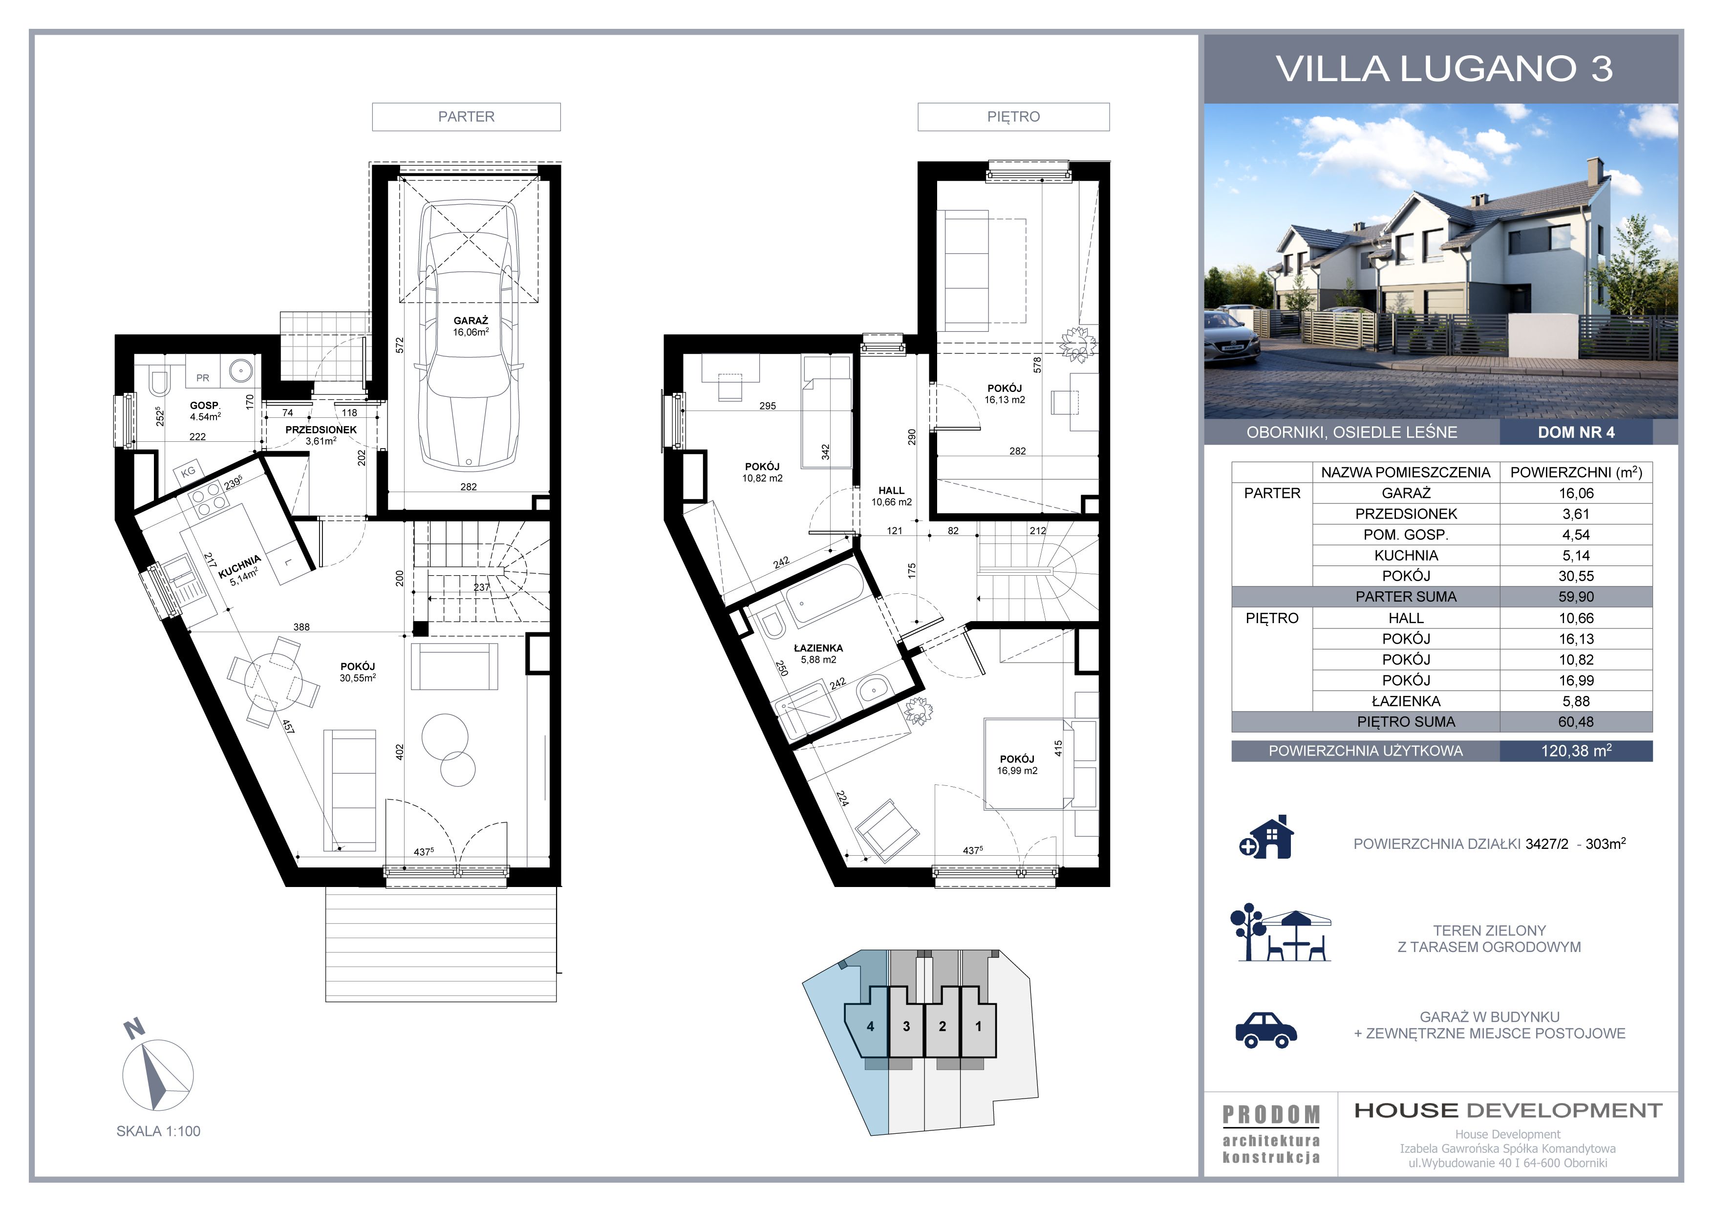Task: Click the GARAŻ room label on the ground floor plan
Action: pyautogui.click(x=471, y=321)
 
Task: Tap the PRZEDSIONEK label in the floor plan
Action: pyautogui.click(x=321, y=430)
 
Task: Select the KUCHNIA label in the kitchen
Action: pyautogui.click(x=239, y=567)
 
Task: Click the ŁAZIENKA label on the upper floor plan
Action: pyautogui.click(x=818, y=648)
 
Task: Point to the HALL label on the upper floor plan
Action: pyautogui.click(x=891, y=491)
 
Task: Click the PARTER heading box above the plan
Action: pyautogui.click(x=467, y=116)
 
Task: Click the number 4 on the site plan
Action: pyautogui.click(x=871, y=1026)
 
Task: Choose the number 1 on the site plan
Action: pyautogui.click(x=979, y=1026)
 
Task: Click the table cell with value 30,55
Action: pyautogui.click(x=1576, y=576)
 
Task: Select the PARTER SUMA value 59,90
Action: pyautogui.click(x=1576, y=597)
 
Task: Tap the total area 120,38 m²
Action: pyautogui.click(x=1576, y=751)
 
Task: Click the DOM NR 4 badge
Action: pyautogui.click(x=1576, y=433)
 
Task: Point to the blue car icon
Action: pyautogui.click(x=1266, y=1031)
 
